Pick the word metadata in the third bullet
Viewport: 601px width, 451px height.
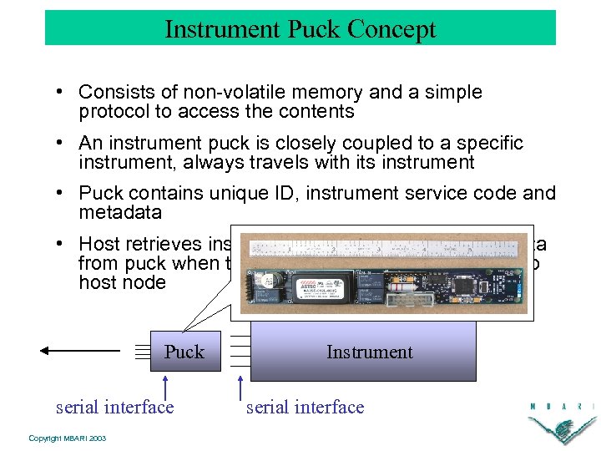120,212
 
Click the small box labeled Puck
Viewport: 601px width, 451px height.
184,352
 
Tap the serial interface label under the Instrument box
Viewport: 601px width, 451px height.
305,407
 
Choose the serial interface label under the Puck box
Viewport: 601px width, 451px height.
114,407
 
